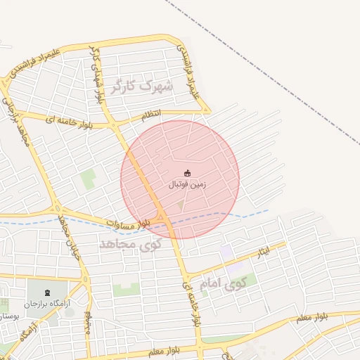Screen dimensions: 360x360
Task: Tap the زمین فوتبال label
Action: [x=187, y=186]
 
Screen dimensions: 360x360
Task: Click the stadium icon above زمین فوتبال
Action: [x=187, y=173]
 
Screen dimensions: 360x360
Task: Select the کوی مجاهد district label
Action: [x=130, y=244]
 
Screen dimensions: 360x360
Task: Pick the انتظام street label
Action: [x=151, y=115]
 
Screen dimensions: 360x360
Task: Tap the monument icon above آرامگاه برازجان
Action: [x=48, y=292]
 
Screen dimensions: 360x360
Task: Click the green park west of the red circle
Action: [x=88, y=179]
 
